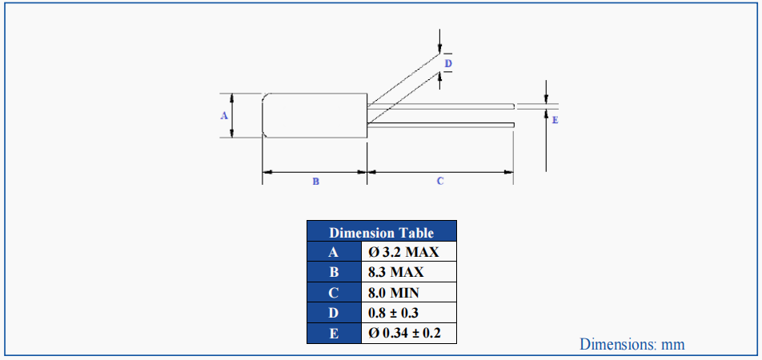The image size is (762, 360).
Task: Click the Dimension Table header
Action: pos(382,233)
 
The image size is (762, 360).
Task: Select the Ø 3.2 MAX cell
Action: pos(409,252)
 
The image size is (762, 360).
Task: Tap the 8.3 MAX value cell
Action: pos(409,272)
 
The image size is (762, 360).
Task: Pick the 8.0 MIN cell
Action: pos(409,293)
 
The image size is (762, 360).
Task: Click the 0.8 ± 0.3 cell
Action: pos(409,313)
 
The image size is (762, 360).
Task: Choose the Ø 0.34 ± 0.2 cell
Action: pos(409,333)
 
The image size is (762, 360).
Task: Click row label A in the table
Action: pos(334,252)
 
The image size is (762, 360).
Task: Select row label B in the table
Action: pos(334,272)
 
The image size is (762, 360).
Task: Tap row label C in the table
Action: pos(334,293)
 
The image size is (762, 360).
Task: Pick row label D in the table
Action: pos(334,313)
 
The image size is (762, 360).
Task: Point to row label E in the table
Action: pos(334,333)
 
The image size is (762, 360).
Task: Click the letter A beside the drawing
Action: pos(224,116)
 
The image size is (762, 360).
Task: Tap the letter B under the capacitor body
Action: pos(315,182)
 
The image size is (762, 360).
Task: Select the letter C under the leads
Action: pos(439,182)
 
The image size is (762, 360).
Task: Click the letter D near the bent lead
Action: pos(448,62)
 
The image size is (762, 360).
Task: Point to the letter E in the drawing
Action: pos(555,120)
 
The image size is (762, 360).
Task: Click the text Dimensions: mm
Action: pos(632,345)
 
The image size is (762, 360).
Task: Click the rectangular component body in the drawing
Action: pos(315,116)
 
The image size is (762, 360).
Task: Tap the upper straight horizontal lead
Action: pos(440,106)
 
